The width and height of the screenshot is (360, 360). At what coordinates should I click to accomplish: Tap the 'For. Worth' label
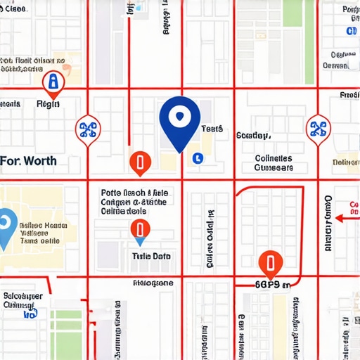(29, 161)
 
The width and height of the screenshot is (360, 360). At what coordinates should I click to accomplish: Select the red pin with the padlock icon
(51, 83)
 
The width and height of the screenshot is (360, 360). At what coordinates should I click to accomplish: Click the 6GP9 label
(271, 285)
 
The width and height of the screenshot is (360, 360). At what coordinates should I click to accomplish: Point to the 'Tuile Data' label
(151, 257)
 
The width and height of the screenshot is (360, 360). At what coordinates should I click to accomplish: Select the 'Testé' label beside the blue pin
(212, 129)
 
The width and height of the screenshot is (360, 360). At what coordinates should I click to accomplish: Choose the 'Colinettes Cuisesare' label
(274, 163)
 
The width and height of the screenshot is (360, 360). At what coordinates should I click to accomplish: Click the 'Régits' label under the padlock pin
(49, 104)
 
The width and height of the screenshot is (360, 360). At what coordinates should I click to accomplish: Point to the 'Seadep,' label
(253, 135)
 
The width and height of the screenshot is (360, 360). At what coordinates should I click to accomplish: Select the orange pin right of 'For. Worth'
(141, 162)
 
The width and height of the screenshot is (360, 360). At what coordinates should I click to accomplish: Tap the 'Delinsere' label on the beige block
(345, 162)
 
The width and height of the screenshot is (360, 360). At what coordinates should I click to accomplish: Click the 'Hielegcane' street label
(153, 283)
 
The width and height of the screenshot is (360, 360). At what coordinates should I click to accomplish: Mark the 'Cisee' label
(15, 9)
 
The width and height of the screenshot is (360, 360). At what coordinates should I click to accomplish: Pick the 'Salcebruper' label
(23, 296)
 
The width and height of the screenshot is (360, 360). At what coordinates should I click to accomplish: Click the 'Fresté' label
(349, 94)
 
